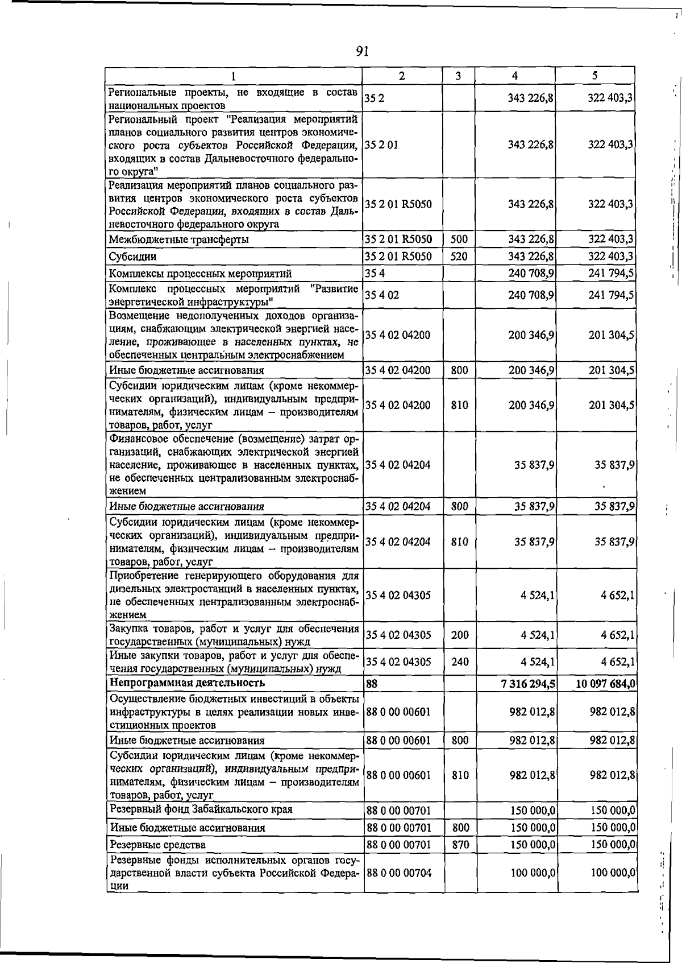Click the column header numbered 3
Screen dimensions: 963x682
[x=458, y=76]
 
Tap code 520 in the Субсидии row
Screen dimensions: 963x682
[x=459, y=257]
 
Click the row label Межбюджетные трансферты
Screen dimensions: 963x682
[x=179, y=239]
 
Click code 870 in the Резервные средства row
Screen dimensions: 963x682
[x=460, y=845]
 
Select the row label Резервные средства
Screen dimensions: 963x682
[x=158, y=845]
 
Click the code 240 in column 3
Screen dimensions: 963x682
[x=460, y=662]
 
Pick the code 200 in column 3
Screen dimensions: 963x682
[x=460, y=635]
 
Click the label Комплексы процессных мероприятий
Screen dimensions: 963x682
[x=201, y=274]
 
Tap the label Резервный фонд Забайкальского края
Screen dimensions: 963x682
[x=201, y=809]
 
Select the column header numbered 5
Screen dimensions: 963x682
[x=594, y=76]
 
